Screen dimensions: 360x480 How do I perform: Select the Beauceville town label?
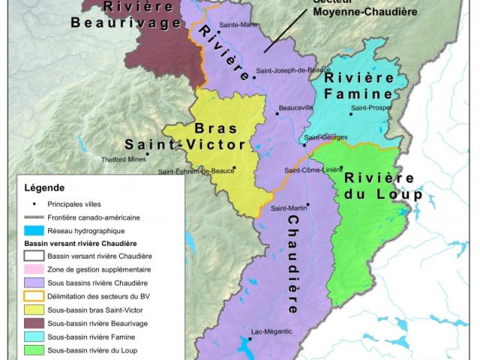point(295,108)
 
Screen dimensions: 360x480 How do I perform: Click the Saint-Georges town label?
point(325,137)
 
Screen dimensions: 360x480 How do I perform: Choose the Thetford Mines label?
point(124,159)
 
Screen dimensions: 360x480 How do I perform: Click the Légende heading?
point(44,187)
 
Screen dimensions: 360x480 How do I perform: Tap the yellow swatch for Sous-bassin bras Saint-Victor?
point(34,310)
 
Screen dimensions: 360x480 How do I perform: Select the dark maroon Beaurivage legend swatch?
point(34,323)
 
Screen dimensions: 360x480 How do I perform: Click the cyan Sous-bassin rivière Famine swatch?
point(34,337)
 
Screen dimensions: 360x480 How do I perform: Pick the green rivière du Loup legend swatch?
point(34,350)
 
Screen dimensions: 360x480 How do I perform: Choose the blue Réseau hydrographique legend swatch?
point(34,230)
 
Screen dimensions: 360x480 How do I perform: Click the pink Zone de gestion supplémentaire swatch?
point(34,269)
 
